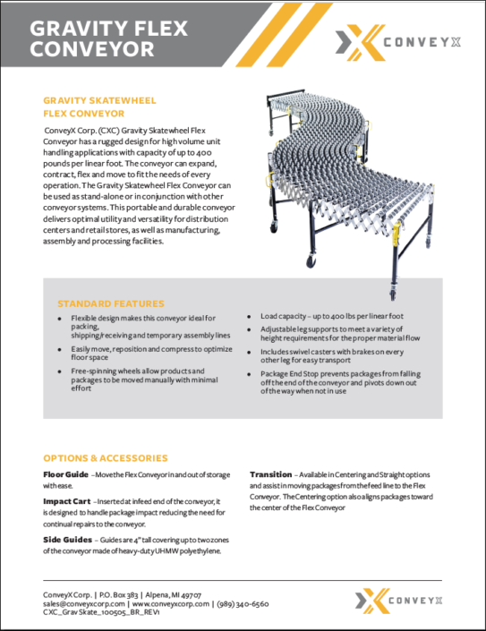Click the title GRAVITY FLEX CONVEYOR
coord(108,38)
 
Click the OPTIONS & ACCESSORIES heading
coord(106,457)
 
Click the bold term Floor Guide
coord(65,473)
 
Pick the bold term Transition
coord(270,473)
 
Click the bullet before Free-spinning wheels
coord(59,371)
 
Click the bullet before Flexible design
coord(59,318)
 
